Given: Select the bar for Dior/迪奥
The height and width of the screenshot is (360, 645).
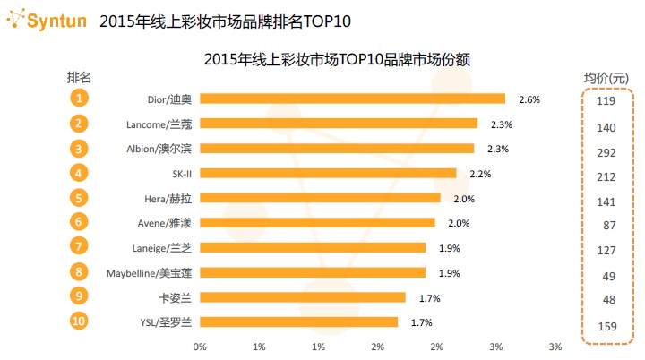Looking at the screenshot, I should pos(352,99).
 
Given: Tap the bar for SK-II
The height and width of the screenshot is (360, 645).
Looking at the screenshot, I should pos(328,173).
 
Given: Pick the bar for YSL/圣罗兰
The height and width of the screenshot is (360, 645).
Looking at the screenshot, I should pos(298,321).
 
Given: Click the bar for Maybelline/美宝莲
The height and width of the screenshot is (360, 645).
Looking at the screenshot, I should pos(313,272).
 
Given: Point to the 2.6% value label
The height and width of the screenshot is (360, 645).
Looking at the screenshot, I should pos(529,99).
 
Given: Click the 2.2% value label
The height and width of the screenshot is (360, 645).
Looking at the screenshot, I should pos(480,173).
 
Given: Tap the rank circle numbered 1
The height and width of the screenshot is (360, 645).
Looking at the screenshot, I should pos(80,99).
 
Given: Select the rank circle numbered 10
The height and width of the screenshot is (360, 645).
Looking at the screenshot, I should pos(80,321).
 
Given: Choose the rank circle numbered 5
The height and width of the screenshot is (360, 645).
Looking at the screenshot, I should pos(80,198).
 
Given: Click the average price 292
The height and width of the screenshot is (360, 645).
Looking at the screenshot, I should pos(606,151).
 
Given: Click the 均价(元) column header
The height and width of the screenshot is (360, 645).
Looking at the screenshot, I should pos(606,77).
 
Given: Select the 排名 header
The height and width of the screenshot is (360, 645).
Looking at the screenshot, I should pos(81,76).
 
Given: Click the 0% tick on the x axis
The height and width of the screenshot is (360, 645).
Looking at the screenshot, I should pos(200,346).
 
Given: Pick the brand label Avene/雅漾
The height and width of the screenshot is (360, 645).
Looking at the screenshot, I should pos(167,222).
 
